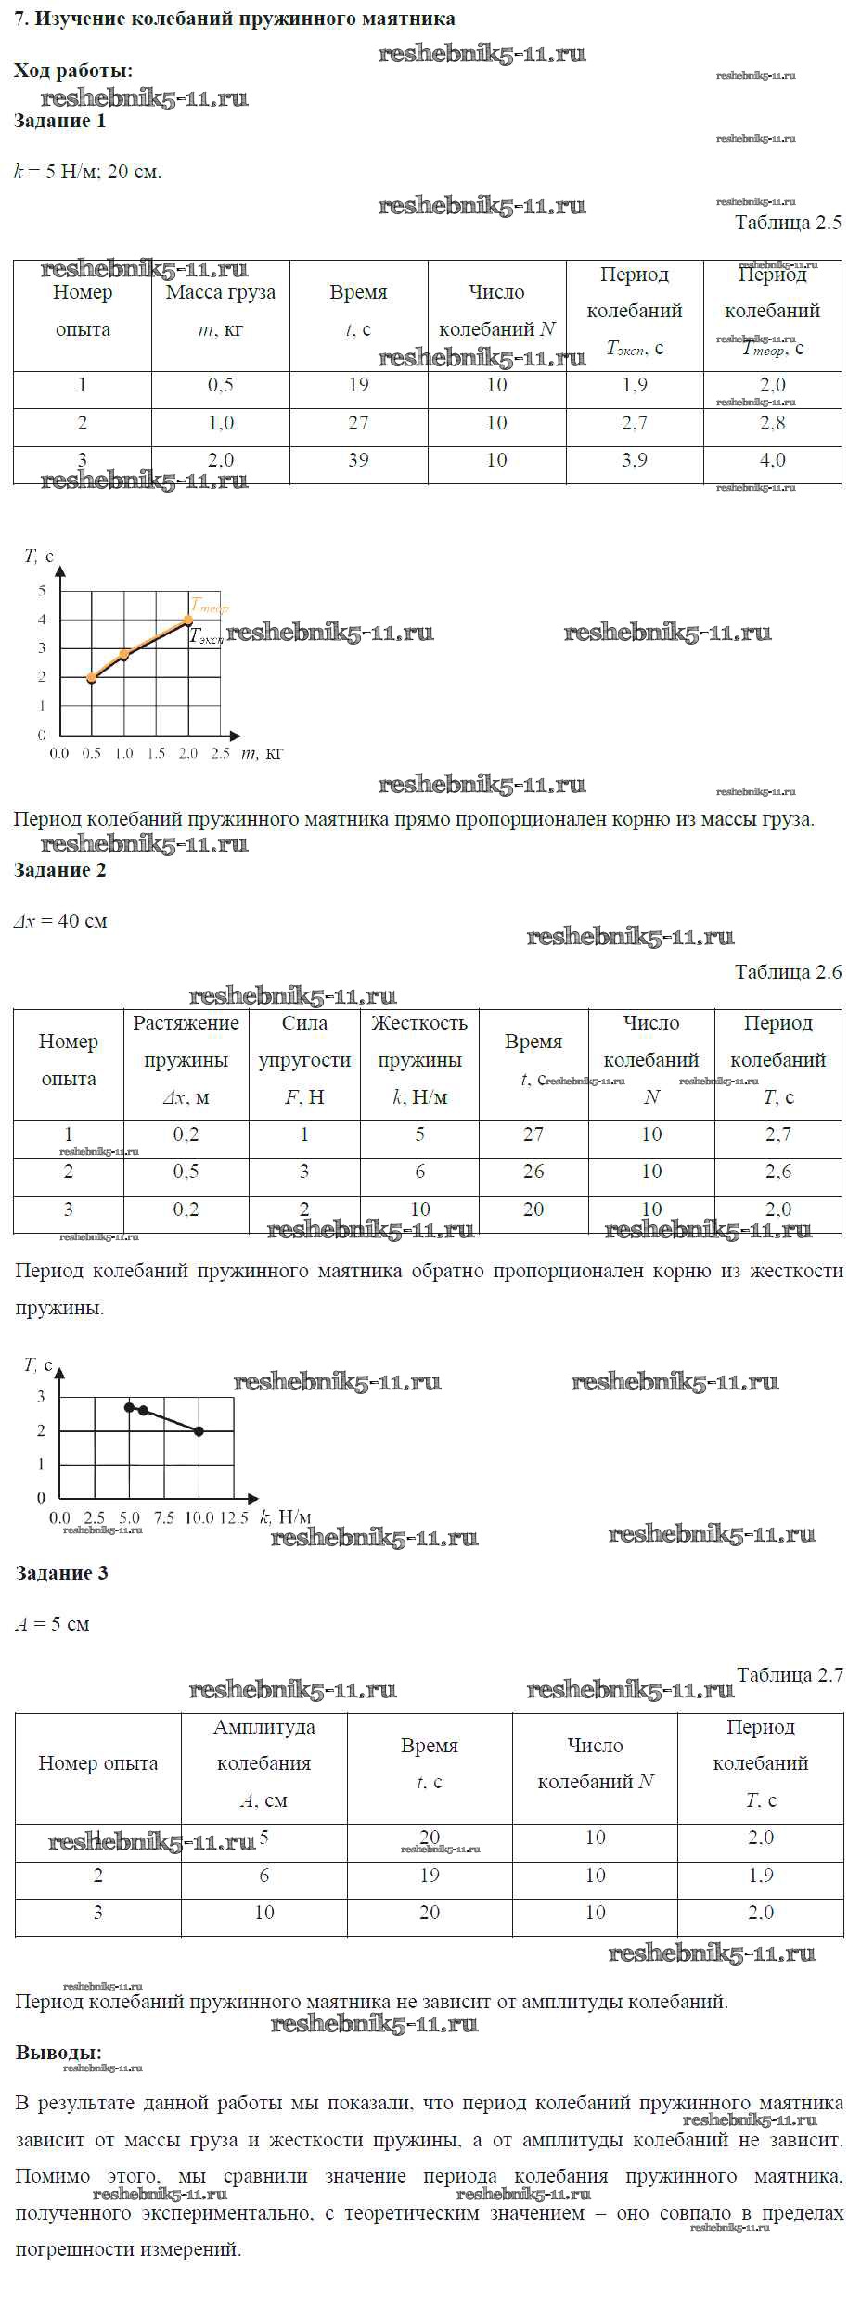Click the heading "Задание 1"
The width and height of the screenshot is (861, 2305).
[60, 121]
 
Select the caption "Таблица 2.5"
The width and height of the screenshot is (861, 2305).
[788, 223]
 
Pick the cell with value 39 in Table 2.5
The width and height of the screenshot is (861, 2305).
[358, 460]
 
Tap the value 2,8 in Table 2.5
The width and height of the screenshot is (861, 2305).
[772, 423]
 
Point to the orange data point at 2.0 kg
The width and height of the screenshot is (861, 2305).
[188, 620]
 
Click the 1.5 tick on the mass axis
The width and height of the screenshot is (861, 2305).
[156, 753]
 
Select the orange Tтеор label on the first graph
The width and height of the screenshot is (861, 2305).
[209, 607]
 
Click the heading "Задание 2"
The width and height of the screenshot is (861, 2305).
[60, 870]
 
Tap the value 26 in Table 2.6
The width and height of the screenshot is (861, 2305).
[533, 1172]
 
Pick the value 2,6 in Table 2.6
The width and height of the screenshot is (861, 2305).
[778, 1172]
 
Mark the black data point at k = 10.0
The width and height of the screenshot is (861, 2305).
[199, 1431]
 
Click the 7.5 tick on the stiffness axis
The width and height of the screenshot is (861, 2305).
[164, 1517]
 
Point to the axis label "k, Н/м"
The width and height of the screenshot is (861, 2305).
[285, 1517]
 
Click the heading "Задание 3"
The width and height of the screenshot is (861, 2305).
[61, 1573]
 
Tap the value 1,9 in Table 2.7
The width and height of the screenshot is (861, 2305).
[761, 1875]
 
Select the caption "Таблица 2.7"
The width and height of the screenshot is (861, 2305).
[790, 1674]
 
